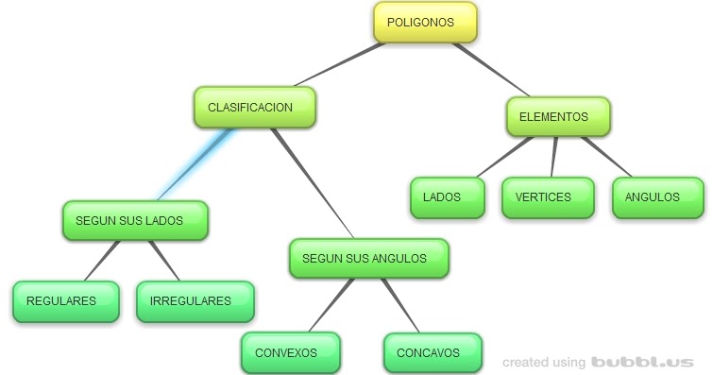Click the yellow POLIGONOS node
pyautogui.click(x=425, y=23)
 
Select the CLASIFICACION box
pyautogui.click(x=254, y=108)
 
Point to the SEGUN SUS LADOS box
pyautogui.click(x=135, y=221)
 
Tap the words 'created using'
pyautogui.click(x=543, y=362)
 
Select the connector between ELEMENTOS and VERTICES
pyautogui.click(x=554, y=157)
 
